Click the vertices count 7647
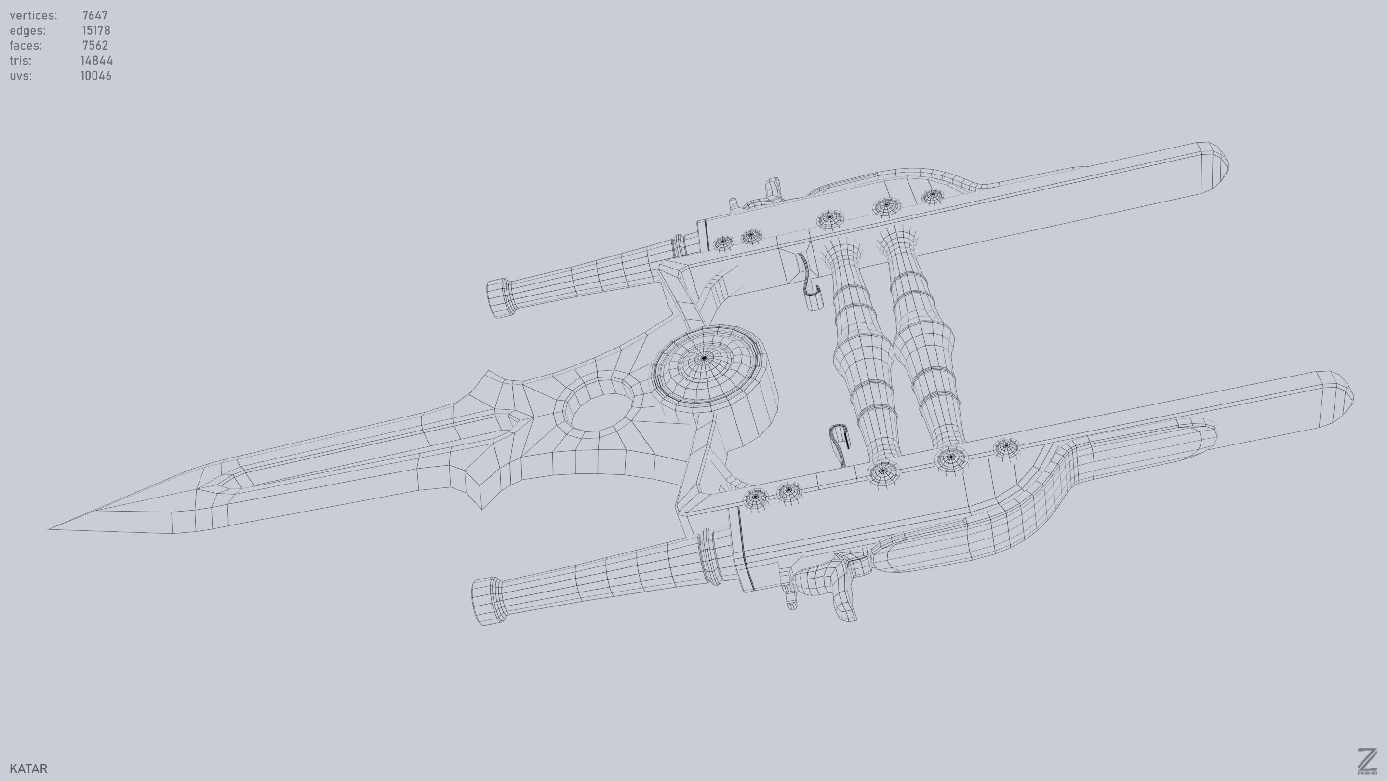click(x=95, y=15)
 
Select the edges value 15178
click(x=96, y=31)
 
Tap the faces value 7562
click(x=95, y=46)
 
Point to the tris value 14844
click(x=96, y=61)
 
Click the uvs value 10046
click(x=96, y=76)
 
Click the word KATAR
click(x=28, y=768)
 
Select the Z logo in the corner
click(x=1366, y=762)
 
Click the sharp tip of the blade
click(x=51, y=529)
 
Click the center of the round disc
click(x=703, y=357)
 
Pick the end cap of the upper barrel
click(x=500, y=298)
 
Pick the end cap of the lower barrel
click(x=487, y=601)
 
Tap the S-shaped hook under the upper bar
click(x=809, y=280)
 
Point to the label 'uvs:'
click(x=20, y=76)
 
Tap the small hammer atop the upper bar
click(x=773, y=188)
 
